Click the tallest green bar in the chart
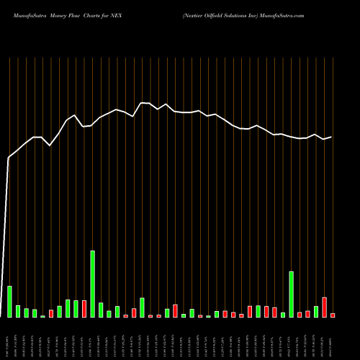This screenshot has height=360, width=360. pos(92,284)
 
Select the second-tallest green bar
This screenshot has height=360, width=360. pos(291,294)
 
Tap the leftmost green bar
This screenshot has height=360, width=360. pos(9,301)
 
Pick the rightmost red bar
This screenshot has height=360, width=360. pos(333,315)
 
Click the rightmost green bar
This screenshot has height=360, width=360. pos(316,311)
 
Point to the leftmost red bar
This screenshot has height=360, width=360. pos(51,313)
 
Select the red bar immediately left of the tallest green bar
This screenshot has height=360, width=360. pos(84,308)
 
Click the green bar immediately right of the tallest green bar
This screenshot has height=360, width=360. pos(101,310)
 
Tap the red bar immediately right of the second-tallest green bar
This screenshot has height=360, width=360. pos(300,314)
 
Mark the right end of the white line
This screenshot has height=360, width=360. pos(331,137)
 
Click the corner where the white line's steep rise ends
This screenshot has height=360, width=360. pos(9,157)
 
